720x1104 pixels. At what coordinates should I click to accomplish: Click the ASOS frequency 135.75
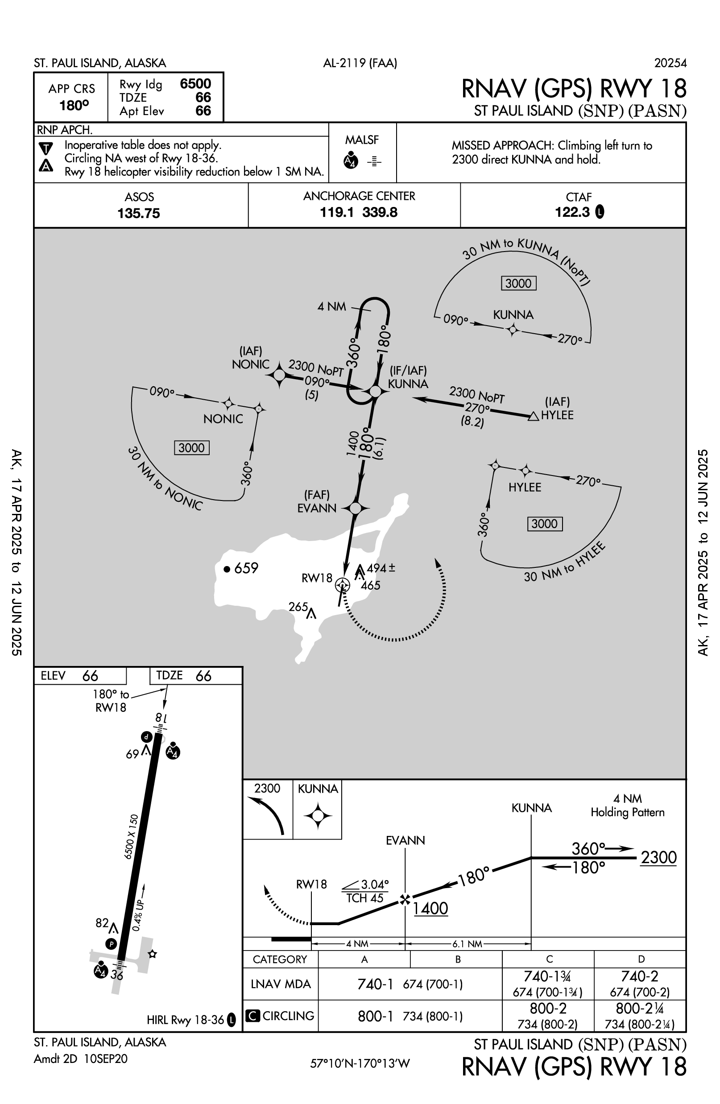(138, 213)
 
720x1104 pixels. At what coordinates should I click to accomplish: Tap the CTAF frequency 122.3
(572, 212)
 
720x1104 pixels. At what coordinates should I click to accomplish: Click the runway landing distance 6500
(195, 84)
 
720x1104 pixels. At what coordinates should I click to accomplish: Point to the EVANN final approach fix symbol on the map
(356, 509)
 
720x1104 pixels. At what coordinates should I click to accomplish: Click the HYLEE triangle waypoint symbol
(534, 417)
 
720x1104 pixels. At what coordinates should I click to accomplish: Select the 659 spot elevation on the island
(246, 568)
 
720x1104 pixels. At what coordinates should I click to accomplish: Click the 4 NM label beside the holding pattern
(332, 306)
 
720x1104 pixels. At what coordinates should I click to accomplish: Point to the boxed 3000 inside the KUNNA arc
(518, 283)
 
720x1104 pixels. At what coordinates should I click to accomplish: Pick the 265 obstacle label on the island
(298, 607)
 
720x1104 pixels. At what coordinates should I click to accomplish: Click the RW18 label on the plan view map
(317, 578)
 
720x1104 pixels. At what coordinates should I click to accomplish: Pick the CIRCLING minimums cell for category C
(548, 1016)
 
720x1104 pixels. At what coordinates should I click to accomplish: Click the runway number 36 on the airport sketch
(117, 976)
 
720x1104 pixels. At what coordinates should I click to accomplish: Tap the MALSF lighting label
(362, 140)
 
